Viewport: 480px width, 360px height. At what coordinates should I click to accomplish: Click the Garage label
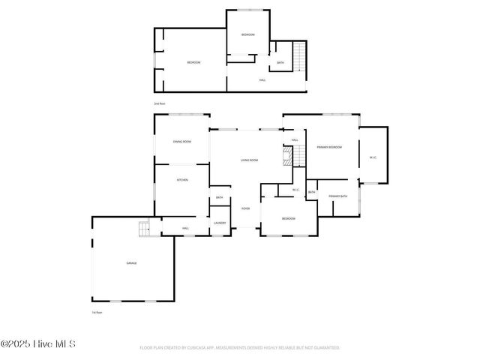[x=130, y=263]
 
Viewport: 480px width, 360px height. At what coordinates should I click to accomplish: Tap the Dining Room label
[x=182, y=142]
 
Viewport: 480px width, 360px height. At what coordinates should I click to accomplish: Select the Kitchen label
[x=182, y=180]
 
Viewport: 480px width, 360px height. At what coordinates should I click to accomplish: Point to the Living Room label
[x=250, y=160]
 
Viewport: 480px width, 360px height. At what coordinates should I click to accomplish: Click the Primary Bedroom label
[x=328, y=147]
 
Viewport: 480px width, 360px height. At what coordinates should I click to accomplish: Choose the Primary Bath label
[x=337, y=196]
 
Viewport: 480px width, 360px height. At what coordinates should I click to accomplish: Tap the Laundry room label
[x=220, y=223]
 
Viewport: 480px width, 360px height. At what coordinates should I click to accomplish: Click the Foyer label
[x=245, y=208]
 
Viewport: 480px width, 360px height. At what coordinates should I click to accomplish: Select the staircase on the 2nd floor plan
[x=299, y=55]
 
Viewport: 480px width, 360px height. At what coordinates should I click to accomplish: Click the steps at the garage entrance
[x=145, y=229]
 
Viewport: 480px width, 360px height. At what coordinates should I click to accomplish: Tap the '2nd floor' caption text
[x=159, y=103]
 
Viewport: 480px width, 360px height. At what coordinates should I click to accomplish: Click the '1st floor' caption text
[x=97, y=312]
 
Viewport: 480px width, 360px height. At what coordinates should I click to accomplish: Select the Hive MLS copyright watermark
[x=38, y=344]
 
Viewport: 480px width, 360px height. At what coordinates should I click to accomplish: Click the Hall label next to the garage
[x=185, y=228]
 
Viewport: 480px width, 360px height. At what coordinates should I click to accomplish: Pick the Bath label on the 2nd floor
[x=280, y=63]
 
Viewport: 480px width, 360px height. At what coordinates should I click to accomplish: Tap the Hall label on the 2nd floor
[x=262, y=79]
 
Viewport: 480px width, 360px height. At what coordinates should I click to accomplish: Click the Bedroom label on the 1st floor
[x=288, y=219]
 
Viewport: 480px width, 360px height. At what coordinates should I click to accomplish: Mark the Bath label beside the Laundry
[x=220, y=198]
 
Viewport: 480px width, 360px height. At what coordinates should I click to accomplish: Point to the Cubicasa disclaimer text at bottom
[x=240, y=348]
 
